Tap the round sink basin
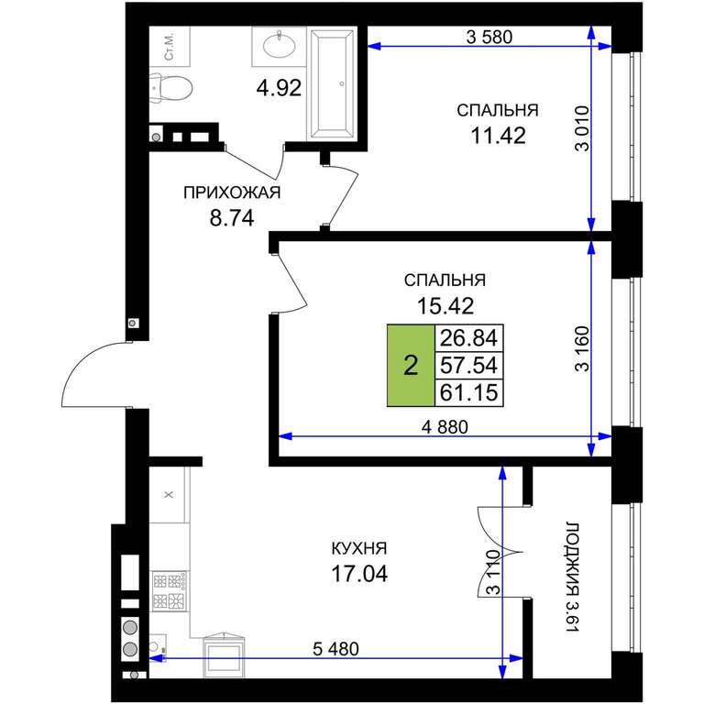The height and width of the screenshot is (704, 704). (280, 45)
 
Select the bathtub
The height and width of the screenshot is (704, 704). (332, 84)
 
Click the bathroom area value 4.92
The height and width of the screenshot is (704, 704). (279, 88)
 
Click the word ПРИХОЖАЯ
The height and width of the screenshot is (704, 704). (232, 192)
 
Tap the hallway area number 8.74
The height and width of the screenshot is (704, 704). (232, 218)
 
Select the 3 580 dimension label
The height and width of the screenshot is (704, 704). (489, 37)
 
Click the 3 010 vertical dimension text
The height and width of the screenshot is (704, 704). (582, 128)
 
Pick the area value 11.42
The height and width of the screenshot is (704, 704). (498, 135)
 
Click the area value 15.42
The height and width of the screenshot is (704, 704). (445, 306)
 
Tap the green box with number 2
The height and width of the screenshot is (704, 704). (411, 366)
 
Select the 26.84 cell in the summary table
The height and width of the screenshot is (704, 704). (468, 338)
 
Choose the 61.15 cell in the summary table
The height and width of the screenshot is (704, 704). (468, 393)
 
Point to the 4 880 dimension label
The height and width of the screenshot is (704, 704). (445, 426)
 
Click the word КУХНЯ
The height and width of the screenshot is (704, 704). (359, 548)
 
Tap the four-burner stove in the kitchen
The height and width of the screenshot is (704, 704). (170, 590)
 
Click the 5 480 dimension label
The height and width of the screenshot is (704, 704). (335, 649)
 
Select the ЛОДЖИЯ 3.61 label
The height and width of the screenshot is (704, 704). (572, 577)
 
